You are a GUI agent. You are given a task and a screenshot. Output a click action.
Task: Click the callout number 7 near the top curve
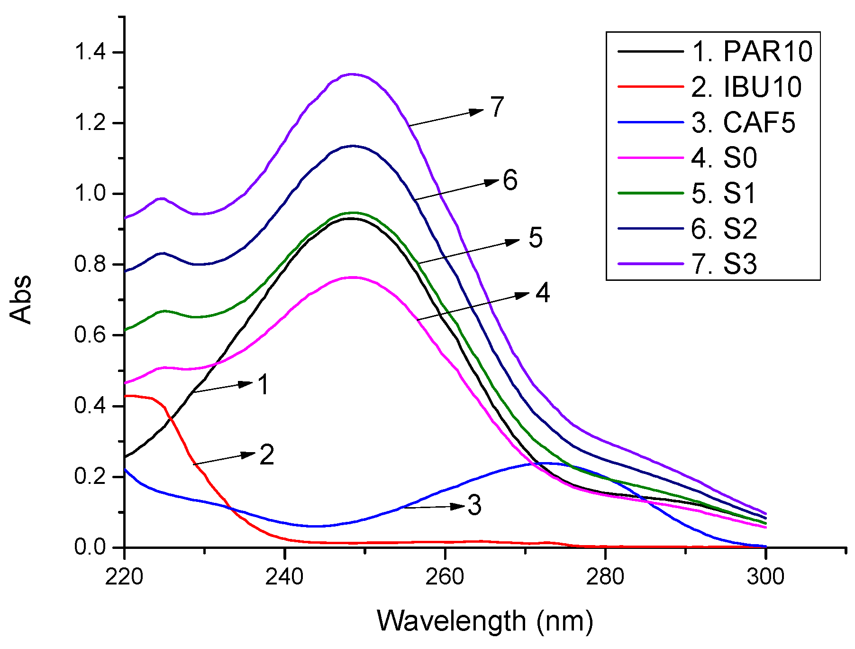pos(497,107)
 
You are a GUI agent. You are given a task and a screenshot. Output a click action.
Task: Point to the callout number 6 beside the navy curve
pos(510,181)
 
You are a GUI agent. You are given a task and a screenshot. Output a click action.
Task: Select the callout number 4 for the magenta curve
pos(543,293)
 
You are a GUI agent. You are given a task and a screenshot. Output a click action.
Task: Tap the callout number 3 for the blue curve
pos(474,505)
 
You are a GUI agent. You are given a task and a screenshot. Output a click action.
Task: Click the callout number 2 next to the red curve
pos(267,455)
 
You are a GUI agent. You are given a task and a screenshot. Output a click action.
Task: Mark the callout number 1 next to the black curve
pos(264,384)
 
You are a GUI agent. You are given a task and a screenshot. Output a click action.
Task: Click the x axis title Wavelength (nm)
pos(485,621)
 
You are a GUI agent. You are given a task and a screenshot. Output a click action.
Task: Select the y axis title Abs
pos(21,300)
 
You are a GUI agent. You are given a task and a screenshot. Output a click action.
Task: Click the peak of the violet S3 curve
pos(352,74)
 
